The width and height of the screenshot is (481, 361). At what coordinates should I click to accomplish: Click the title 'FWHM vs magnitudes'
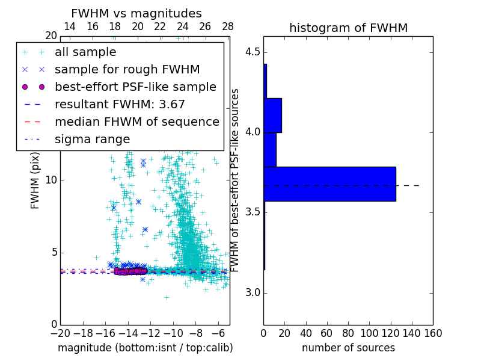pyautogui.click(x=136, y=14)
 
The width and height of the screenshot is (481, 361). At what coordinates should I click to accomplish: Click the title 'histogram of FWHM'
pyautogui.click(x=348, y=28)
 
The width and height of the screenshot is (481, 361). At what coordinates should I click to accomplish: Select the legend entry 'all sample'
pyautogui.click(x=85, y=52)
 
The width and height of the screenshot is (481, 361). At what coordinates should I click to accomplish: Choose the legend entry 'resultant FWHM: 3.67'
pyautogui.click(x=120, y=104)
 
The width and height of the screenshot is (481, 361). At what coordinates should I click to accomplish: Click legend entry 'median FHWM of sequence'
pyautogui.click(x=136, y=122)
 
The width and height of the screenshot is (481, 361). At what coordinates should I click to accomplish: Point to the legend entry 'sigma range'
pyautogui.click(x=92, y=139)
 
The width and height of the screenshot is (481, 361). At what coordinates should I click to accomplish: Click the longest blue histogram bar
pyautogui.click(x=329, y=184)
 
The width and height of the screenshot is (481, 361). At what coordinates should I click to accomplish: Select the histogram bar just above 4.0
pyautogui.click(x=272, y=115)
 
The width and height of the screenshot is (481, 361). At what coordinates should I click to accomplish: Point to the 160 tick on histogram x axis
pyautogui.click(x=433, y=332)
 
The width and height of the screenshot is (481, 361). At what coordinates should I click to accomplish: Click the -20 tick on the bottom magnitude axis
pyautogui.click(x=60, y=332)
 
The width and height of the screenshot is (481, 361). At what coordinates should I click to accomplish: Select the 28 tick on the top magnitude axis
pyautogui.click(x=227, y=27)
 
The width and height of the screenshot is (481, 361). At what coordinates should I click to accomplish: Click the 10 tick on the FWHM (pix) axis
pyautogui.click(x=51, y=180)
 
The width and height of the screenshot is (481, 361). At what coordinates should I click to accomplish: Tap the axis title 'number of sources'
pyautogui.click(x=348, y=348)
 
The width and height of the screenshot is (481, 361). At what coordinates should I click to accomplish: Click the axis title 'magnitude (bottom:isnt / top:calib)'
pyautogui.click(x=145, y=348)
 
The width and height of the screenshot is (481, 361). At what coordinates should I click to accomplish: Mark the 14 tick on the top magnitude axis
pyautogui.click(x=70, y=27)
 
